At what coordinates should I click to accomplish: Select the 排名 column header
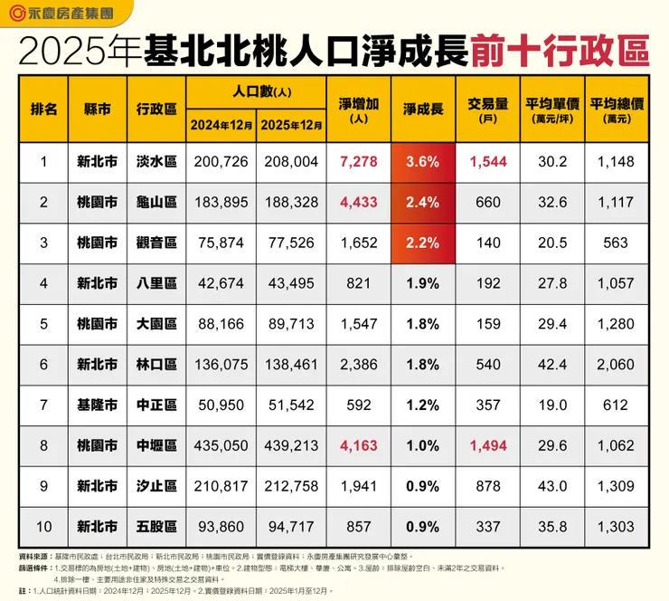tap(43, 109)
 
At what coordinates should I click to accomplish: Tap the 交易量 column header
tap(487, 103)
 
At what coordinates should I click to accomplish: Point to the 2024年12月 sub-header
tap(221, 125)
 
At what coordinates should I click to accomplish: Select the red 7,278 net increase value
tap(358, 163)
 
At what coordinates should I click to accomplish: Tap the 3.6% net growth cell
tap(422, 163)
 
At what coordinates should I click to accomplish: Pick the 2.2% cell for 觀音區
tap(422, 243)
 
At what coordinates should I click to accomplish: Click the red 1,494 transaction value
tap(487, 445)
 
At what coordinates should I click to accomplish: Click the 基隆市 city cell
tap(97, 405)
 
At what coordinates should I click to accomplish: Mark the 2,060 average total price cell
tap(617, 365)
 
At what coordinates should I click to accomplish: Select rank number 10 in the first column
tap(43, 526)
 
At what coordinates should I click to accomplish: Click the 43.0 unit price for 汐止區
tap(552, 486)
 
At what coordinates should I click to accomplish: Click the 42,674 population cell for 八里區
tap(221, 284)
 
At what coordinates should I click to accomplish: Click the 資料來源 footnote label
tap(35, 555)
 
